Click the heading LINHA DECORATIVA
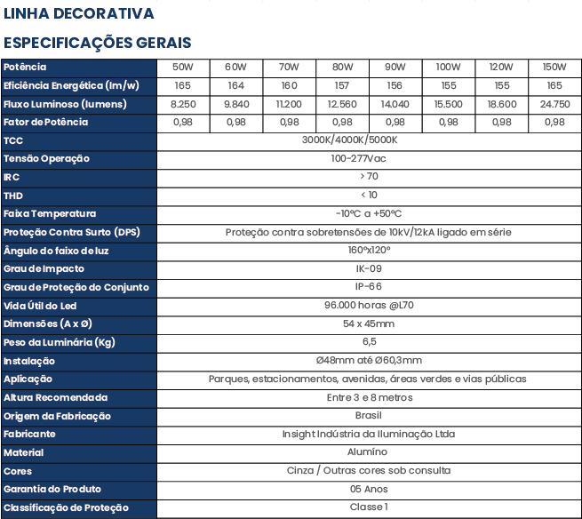click(x=79, y=13)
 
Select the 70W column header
click(x=289, y=68)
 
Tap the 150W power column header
click(x=554, y=68)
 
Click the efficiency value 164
click(x=236, y=85)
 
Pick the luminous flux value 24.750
click(x=555, y=104)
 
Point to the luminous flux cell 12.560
click(x=342, y=104)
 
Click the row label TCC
click(x=13, y=141)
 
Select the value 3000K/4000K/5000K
click(x=350, y=140)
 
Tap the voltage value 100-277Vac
click(x=359, y=158)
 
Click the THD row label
click(x=13, y=196)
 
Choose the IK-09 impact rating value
click(x=369, y=268)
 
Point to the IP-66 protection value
click(x=369, y=286)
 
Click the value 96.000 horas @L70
click(x=369, y=305)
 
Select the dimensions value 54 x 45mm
click(x=369, y=323)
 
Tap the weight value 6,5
click(x=370, y=342)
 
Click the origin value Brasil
click(x=368, y=415)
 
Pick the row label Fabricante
click(x=29, y=434)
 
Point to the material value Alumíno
click(x=368, y=451)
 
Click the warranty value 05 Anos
click(x=369, y=489)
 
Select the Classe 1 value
click(x=369, y=507)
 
